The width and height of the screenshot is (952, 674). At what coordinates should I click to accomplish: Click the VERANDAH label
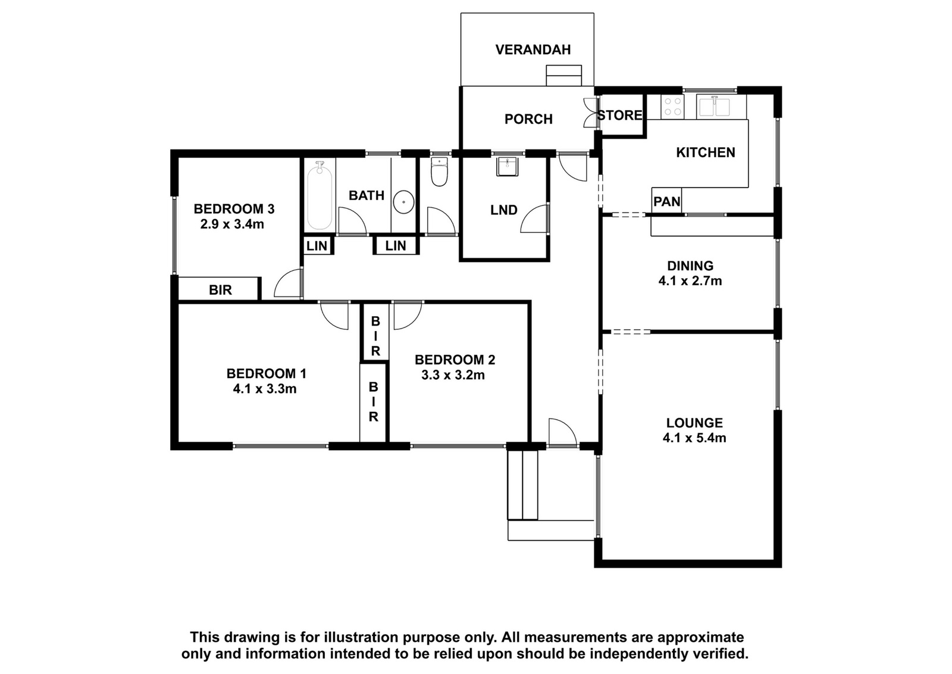click(533, 50)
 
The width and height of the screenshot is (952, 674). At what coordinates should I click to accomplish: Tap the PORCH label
click(528, 119)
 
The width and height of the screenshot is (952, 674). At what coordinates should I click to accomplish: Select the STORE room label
click(620, 116)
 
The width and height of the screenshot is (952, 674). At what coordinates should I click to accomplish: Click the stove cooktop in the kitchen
click(672, 107)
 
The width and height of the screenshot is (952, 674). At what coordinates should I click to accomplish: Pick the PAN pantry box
click(666, 200)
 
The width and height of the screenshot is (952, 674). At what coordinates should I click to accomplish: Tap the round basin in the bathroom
click(403, 203)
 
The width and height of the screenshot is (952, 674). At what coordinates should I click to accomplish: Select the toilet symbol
click(439, 171)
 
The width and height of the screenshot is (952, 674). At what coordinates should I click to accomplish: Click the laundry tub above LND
click(506, 166)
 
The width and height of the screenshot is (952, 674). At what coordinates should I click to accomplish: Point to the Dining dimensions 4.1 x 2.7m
click(690, 281)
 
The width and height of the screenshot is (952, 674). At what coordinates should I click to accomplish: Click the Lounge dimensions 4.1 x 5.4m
click(694, 438)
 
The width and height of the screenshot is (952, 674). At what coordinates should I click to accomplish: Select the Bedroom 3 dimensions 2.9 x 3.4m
click(232, 224)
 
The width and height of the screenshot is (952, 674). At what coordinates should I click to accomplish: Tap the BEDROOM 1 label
click(266, 374)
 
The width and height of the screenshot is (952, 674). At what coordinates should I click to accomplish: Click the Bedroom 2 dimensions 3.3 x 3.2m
click(453, 375)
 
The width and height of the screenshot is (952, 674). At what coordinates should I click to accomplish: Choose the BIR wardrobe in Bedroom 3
click(218, 289)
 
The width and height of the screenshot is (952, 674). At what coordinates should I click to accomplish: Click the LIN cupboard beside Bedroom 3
click(318, 246)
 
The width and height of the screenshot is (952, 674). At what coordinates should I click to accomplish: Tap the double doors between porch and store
click(591, 113)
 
